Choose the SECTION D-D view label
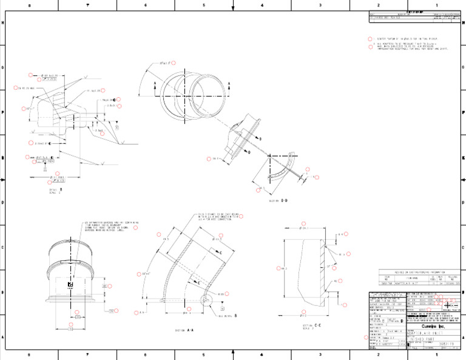[278, 200]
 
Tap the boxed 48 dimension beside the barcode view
[104, 285]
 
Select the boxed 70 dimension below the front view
[70, 329]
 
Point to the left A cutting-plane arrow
[155, 86]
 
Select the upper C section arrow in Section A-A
[217, 251]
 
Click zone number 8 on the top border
[30, 5]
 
